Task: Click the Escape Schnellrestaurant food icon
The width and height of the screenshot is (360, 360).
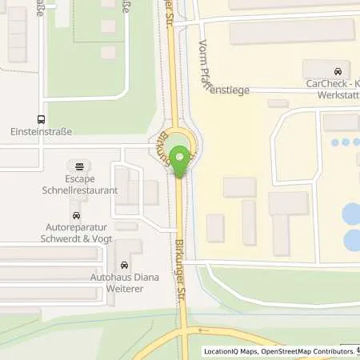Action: point(80,166)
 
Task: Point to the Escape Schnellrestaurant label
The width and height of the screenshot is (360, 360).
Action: point(80,185)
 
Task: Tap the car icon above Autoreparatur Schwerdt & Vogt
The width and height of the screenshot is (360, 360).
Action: point(76,215)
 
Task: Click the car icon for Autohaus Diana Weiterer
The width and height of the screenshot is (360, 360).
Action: point(124,265)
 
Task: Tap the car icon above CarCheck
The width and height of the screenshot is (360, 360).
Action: point(338,70)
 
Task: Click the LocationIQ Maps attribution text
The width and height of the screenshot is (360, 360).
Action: point(230,350)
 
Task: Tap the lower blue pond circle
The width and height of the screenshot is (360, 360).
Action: point(353,240)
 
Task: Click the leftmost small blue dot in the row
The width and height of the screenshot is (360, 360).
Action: point(334,143)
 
